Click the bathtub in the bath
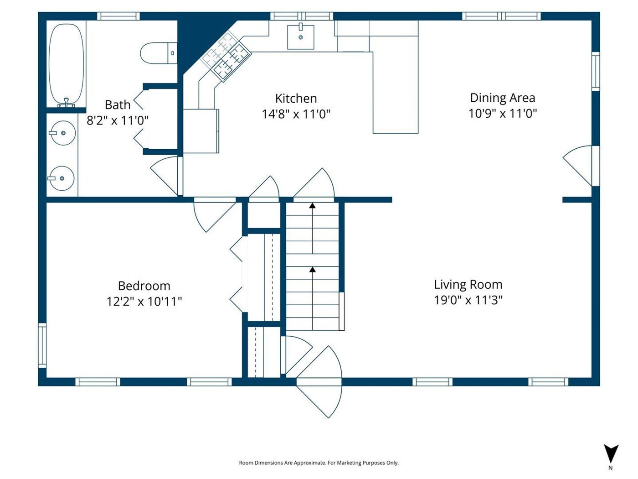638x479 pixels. coord(66,65)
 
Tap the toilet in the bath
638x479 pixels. coord(159,53)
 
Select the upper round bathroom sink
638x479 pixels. coord(63,133)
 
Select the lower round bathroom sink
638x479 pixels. coord(62,178)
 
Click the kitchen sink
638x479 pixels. coord(300,36)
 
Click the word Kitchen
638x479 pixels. coord(296,99)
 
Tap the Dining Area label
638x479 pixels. coord(503,98)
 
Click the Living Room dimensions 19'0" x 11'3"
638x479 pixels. coord(468,300)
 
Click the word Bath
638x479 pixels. coord(118,105)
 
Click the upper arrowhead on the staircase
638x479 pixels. coord(313,206)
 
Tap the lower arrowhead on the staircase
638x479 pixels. coord(313,270)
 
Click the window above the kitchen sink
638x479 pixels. coord(302,16)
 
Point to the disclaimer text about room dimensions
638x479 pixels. coord(319,463)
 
